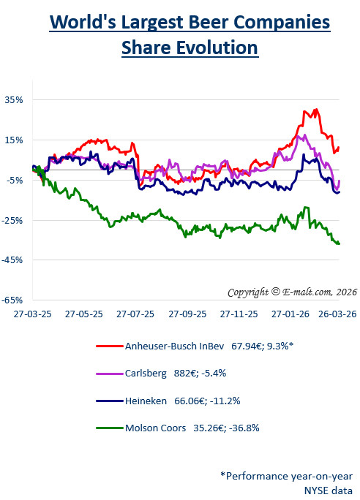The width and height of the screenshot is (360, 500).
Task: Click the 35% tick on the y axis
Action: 15,99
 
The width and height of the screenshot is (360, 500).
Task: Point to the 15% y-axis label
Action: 15,140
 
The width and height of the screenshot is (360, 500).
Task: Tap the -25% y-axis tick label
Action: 14,219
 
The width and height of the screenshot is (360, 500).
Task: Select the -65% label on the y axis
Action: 14,300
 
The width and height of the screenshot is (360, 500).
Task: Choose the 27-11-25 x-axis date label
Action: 239,313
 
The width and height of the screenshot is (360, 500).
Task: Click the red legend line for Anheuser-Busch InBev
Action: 109,346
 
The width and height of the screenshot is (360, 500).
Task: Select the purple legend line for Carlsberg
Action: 109,373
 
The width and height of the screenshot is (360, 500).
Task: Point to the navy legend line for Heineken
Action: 109,401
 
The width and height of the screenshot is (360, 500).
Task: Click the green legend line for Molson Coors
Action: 109,428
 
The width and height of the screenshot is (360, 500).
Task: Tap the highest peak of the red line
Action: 315,110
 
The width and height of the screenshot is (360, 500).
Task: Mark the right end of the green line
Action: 340,243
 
